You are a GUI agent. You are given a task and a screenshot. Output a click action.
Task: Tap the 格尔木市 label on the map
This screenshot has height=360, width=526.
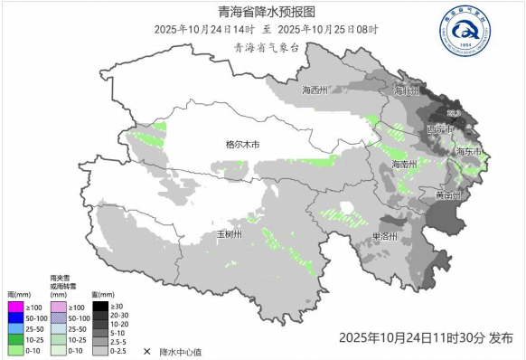point(242,145)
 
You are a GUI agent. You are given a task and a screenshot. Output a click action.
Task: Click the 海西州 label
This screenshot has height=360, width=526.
point(314,90)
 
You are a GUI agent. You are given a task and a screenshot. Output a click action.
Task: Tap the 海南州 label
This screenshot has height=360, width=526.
point(403,164)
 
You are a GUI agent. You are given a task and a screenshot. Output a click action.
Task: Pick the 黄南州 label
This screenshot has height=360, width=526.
point(447,195)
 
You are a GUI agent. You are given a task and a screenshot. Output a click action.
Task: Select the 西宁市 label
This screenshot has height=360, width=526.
point(439,129)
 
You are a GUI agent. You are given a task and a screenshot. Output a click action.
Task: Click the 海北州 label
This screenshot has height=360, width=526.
point(406,91)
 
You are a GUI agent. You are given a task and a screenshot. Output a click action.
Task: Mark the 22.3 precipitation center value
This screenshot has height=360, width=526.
point(455,112)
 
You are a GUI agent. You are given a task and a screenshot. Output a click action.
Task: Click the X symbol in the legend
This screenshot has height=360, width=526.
point(146,350)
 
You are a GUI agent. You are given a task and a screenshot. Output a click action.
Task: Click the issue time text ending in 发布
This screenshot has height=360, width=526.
point(426,337)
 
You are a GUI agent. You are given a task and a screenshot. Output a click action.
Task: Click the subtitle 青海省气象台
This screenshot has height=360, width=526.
point(266,47)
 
